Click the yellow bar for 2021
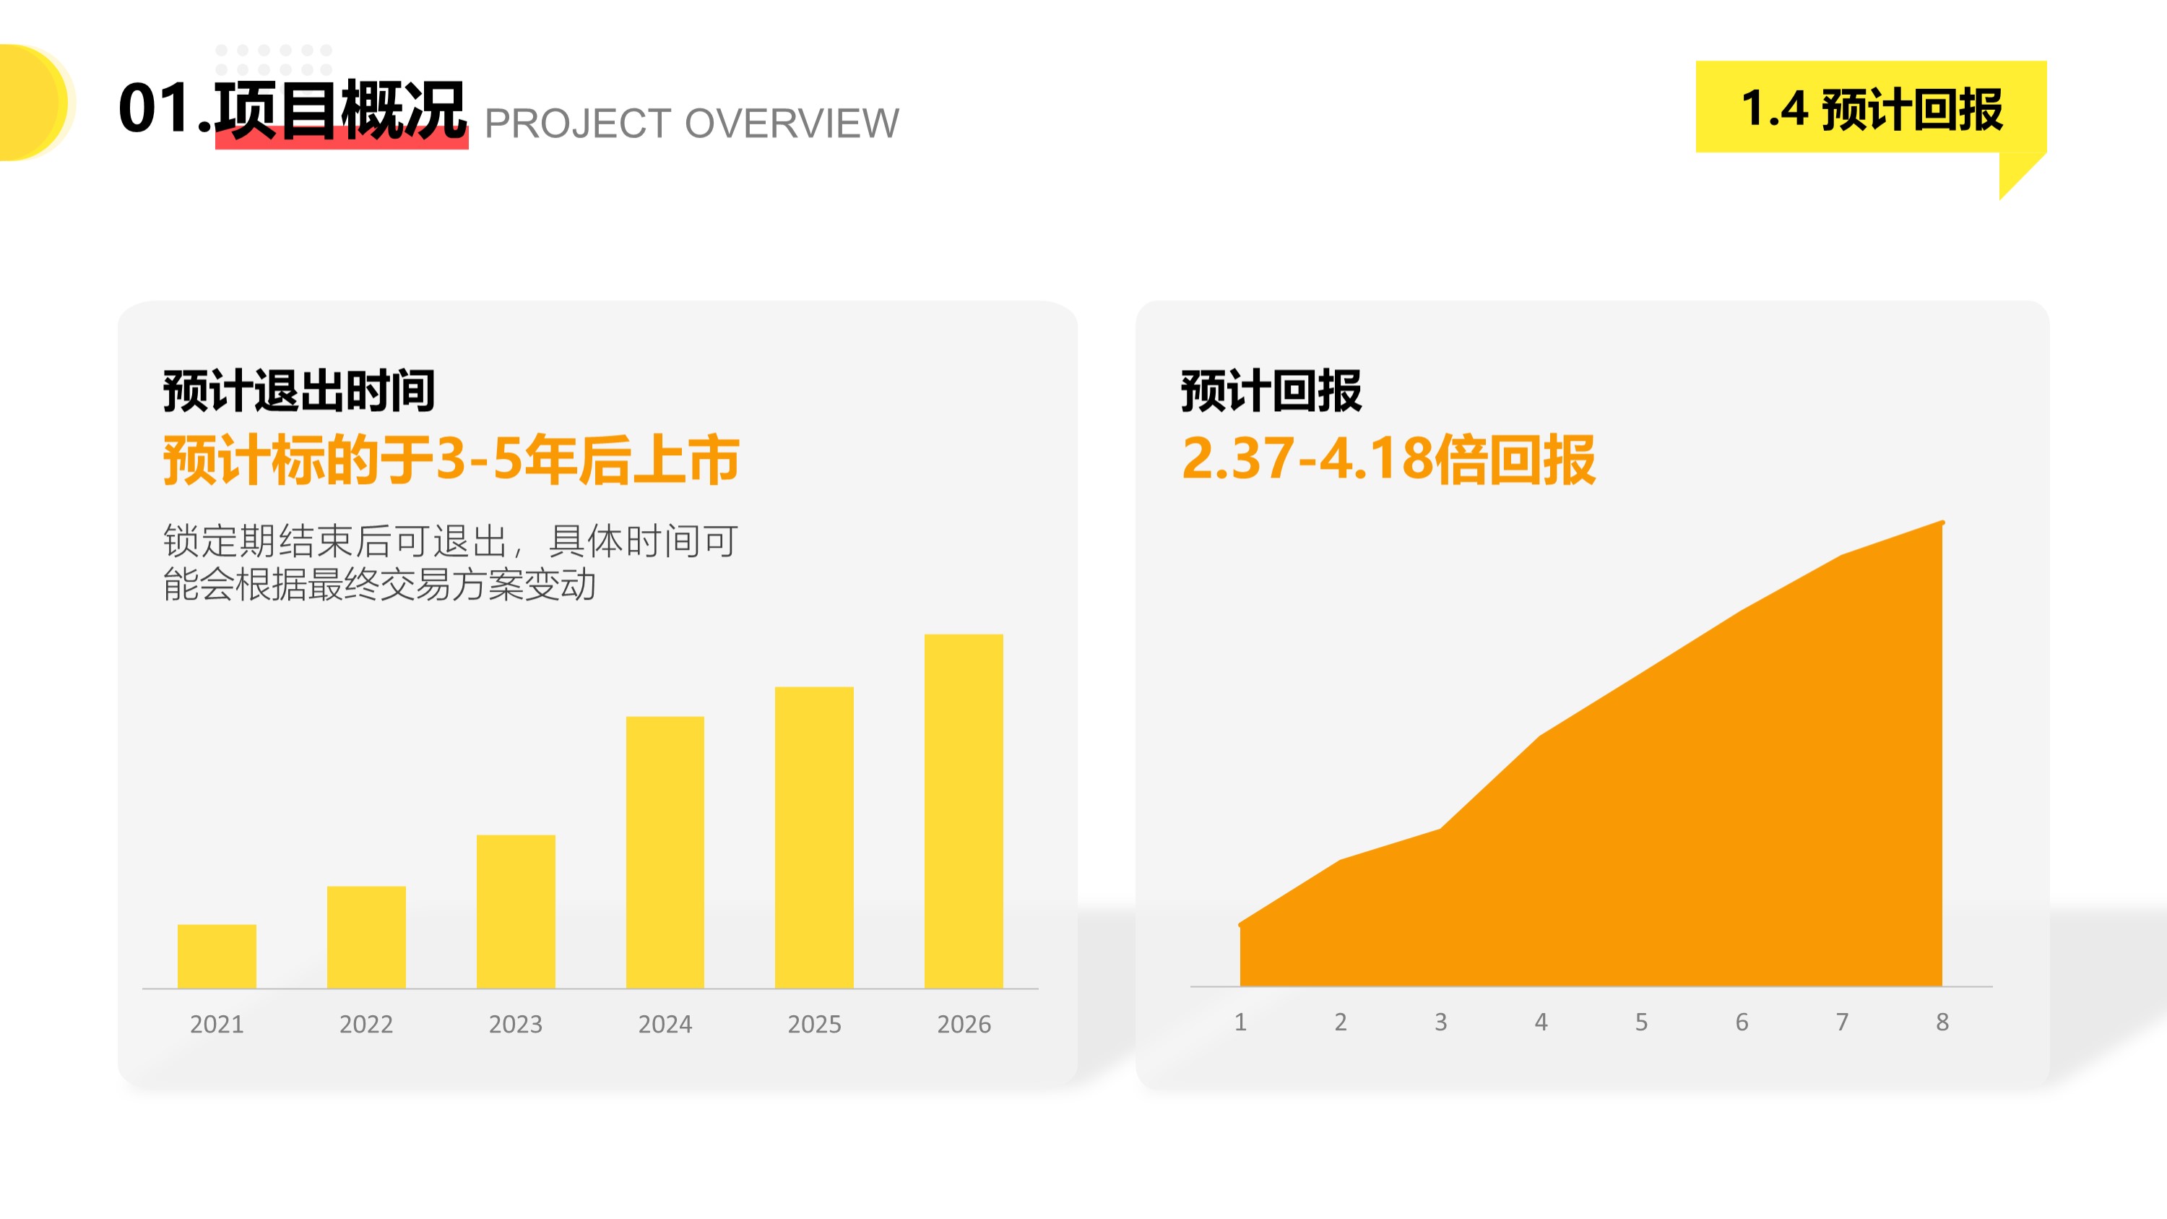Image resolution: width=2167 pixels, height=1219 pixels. (x=216, y=956)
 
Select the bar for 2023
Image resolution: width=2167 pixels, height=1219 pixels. (x=516, y=911)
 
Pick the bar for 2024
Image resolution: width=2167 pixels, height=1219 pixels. (x=665, y=852)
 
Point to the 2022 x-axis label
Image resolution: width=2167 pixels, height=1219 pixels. (x=366, y=1024)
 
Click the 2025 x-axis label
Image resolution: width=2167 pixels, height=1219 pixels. (x=814, y=1024)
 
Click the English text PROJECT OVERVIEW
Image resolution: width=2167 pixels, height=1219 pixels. (x=691, y=124)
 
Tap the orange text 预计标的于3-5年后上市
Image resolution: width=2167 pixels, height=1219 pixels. (x=451, y=460)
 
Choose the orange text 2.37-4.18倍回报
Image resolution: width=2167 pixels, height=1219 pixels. (x=1388, y=460)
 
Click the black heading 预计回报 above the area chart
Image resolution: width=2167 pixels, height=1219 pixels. (x=1271, y=390)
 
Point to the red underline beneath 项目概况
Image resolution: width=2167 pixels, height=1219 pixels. (x=342, y=139)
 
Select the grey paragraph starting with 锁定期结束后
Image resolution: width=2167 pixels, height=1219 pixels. (x=450, y=562)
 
